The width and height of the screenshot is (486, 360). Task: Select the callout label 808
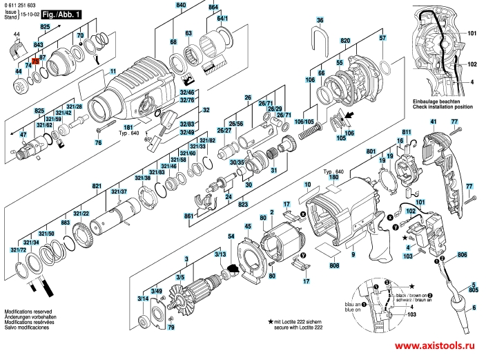(x=335, y=266)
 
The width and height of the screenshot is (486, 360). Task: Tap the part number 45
(x=247, y=226)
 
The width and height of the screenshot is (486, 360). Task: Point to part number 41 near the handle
(x=434, y=122)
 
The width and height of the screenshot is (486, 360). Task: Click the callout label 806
(x=462, y=255)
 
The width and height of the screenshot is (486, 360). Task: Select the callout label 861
(x=188, y=216)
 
